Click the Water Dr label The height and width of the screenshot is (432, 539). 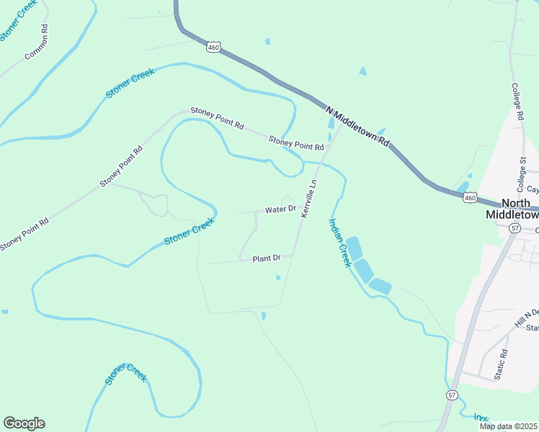click(x=280, y=210)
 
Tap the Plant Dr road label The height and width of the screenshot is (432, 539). click(x=265, y=258)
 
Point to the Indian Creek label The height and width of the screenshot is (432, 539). click(x=340, y=243)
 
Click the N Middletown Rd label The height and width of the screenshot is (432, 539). click(x=357, y=125)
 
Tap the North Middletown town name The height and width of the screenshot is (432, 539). click(x=512, y=209)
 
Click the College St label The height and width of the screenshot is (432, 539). click(x=523, y=171)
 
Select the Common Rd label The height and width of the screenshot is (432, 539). click(x=36, y=42)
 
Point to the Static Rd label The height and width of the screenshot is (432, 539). click(x=503, y=365)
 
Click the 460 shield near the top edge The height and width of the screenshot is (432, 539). click(x=213, y=48)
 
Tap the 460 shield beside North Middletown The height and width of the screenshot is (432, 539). click(x=470, y=197)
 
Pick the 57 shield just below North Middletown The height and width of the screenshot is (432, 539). click(x=514, y=228)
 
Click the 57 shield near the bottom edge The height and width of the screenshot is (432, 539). click(x=451, y=395)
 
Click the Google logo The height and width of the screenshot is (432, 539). click(x=24, y=423)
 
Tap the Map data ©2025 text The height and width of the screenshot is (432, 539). click(x=508, y=426)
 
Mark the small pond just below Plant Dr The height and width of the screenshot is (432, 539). click(x=278, y=277)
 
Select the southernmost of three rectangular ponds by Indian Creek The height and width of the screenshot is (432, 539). click(x=380, y=287)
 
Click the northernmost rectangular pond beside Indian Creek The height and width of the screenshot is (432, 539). click(x=354, y=248)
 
